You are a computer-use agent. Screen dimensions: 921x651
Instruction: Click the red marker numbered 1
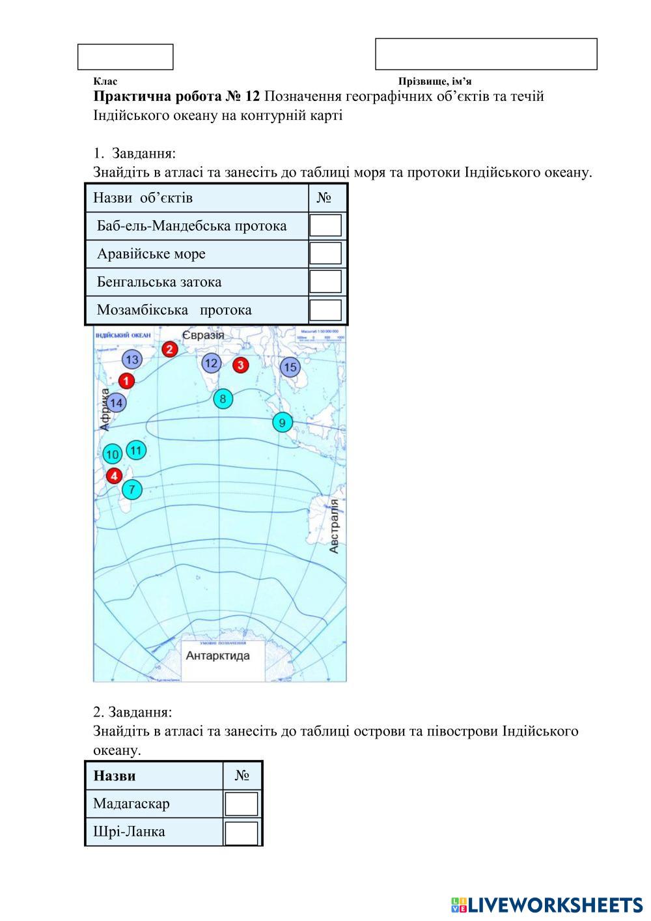click(126, 381)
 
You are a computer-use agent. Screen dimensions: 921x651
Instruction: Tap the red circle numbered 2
click(170, 349)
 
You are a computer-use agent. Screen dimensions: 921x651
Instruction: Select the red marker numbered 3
click(241, 365)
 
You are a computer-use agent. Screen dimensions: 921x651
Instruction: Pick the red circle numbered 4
click(115, 476)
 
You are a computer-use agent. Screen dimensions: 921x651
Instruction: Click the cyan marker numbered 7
click(132, 489)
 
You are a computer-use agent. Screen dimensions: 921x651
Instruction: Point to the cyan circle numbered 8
click(223, 399)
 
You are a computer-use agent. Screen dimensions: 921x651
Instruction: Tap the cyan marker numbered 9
click(282, 423)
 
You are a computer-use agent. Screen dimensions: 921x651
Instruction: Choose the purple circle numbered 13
click(132, 360)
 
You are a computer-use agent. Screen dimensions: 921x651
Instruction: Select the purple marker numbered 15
click(290, 367)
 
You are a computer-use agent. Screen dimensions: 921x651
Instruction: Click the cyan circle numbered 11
click(136, 450)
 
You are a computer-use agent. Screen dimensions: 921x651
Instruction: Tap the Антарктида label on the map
click(217, 655)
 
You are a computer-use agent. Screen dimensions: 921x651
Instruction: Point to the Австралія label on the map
click(334, 526)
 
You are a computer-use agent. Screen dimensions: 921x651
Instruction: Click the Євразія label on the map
click(202, 335)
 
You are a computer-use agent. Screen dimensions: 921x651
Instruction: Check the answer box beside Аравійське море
click(325, 254)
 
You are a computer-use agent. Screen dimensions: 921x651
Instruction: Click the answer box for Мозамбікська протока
click(325, 310)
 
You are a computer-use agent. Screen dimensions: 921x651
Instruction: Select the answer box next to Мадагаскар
click(241, 804)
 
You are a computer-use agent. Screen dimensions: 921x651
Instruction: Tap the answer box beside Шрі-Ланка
click(241, 832)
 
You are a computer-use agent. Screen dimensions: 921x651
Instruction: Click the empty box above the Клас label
click(126, 57)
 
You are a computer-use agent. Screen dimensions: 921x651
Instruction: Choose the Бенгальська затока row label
click(159, 282)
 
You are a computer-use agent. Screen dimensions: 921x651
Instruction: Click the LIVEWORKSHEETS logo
click(547, 905)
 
